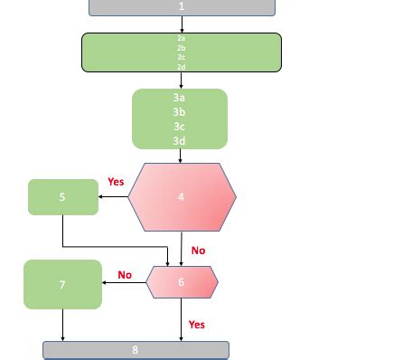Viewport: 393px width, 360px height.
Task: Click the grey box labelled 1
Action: tap(182, 6)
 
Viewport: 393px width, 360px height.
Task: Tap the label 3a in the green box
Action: tap(179, 97)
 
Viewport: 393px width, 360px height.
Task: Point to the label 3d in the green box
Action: tap(179, 140)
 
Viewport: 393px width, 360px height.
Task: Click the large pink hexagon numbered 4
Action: tap(182, 196)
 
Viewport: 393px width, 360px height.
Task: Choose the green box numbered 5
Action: tap(62, 197)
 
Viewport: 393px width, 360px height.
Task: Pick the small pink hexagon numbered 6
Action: tap(182, 282)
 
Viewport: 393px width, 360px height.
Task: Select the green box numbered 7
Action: tap(62, 285)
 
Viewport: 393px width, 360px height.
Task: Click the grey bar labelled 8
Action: tap(136, 350)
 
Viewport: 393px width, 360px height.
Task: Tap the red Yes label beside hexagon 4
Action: tap(116, 182)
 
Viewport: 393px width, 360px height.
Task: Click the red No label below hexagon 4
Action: tap(198, 251)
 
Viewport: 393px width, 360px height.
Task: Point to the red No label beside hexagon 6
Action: tap(125, 275)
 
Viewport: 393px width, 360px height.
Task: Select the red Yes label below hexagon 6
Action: tap(197, 324)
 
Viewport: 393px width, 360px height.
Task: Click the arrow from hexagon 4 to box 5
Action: tap(113, 197)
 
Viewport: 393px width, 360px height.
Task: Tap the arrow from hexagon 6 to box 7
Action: tap(124, 283)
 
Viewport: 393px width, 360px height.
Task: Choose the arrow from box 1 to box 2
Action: tap(182, 24)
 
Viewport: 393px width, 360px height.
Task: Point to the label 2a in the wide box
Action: tap(181, 39)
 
